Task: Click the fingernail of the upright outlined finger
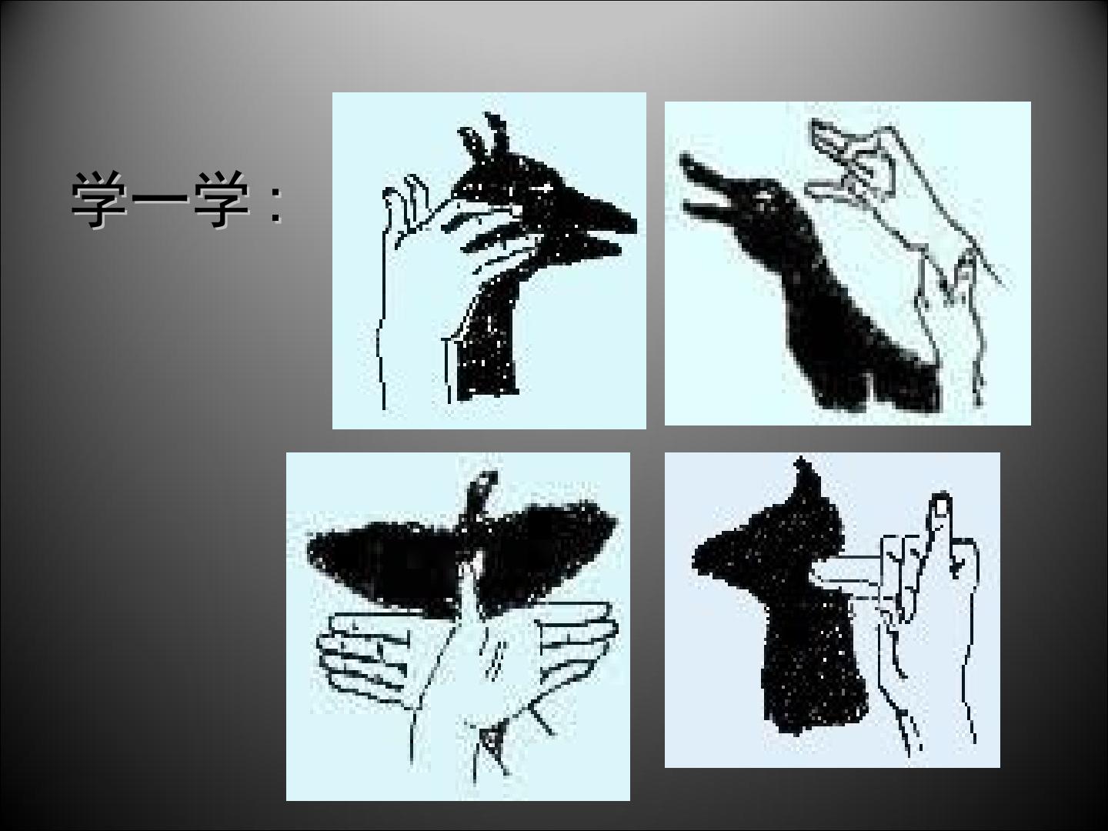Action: pos(940,506)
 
